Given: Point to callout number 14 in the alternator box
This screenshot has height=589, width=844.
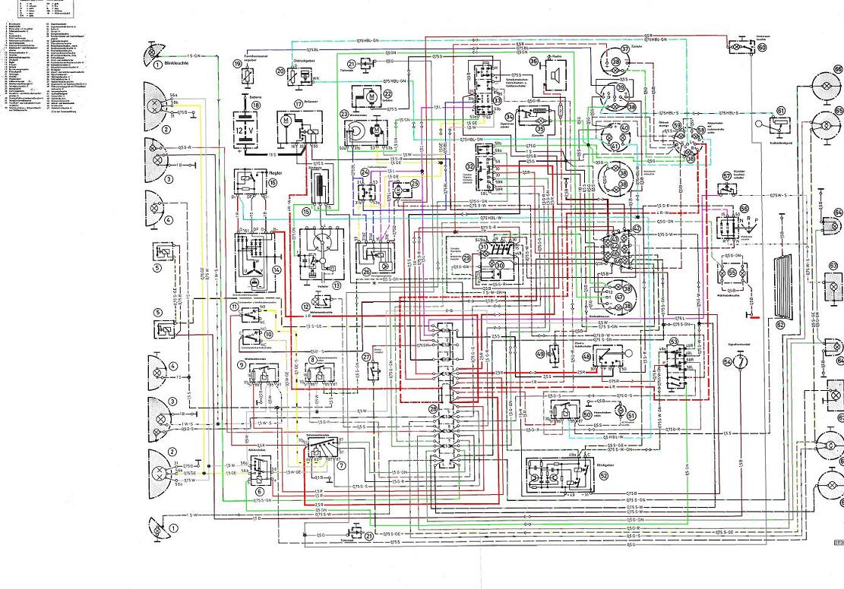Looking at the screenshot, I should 277,269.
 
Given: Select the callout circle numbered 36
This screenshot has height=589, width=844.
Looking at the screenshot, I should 533,61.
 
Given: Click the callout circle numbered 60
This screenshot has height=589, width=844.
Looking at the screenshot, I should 761,46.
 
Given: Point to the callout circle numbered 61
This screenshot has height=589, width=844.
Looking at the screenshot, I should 780,111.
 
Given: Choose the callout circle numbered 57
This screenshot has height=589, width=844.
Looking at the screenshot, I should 726,175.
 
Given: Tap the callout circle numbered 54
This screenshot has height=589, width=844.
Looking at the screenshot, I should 728,363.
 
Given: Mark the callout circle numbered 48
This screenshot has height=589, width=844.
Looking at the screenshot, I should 586,356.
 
